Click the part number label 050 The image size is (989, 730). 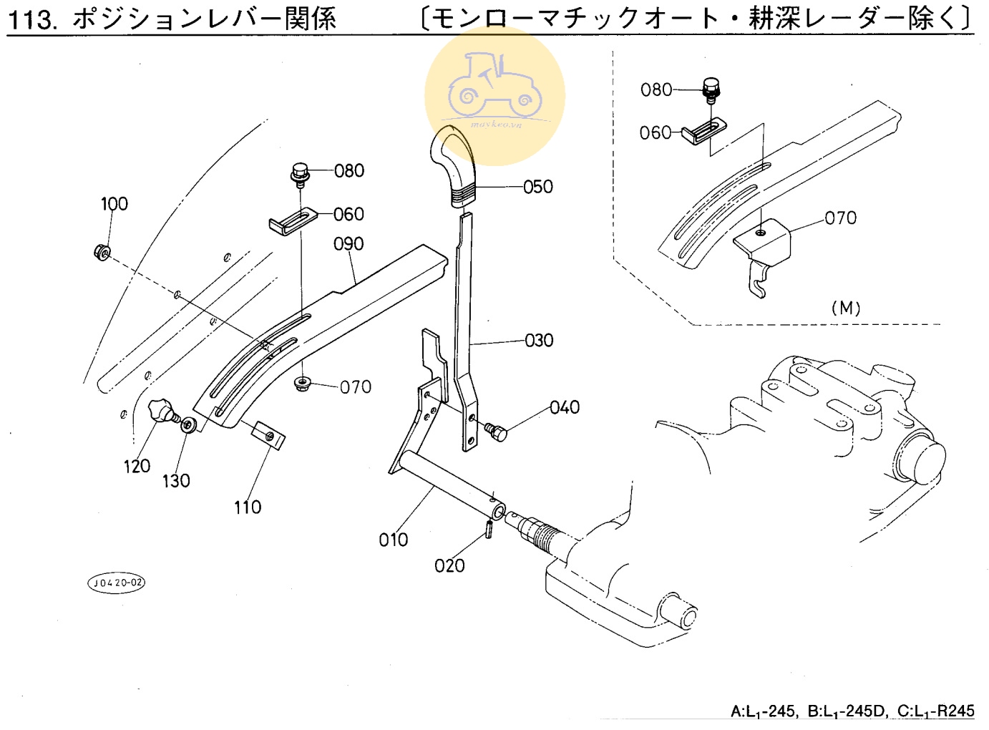pos(538,187)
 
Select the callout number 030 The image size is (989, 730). pos(539,340)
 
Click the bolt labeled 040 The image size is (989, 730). pos(494,431)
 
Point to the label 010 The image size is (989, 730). pos(394,540)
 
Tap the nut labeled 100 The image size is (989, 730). pos(102,252)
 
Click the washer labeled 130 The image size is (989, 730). pos(188,425)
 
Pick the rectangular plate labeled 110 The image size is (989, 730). pos(268,434)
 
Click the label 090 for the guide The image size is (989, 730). pos(349,244)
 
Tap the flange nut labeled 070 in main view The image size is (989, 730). pos(303,384)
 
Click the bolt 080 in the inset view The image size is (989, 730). pos(711,89)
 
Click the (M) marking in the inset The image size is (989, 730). pos(846,308)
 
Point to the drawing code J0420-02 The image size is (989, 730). pos(116,583)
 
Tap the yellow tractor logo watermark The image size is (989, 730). pos(494,95)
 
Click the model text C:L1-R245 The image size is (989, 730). pos(935,711)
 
